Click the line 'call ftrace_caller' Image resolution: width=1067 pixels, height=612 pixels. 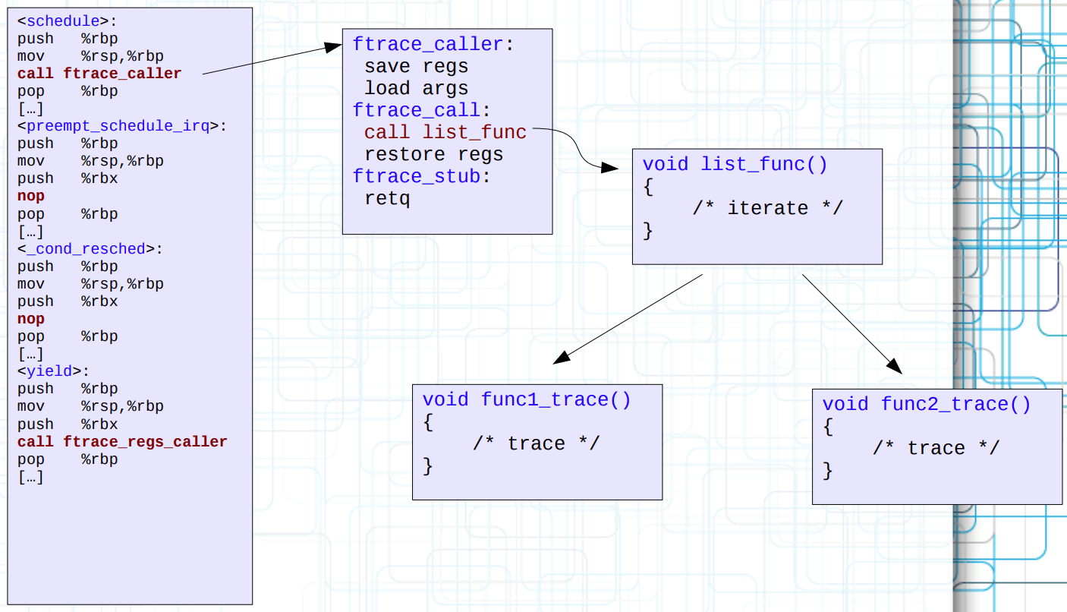tap(99, 74)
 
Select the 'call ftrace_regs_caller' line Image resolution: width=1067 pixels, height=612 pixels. tap(122, 442)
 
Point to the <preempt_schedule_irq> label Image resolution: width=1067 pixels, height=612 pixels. tap(122, 126)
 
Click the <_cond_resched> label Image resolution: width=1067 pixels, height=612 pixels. tap(90, 249)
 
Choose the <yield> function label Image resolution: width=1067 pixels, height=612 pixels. tap(53, 371)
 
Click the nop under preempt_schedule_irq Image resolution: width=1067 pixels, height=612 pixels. tap(31, 196)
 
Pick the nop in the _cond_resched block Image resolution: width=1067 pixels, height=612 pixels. tap(31, 319)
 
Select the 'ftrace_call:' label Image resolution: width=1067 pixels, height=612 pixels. tap(422, 111)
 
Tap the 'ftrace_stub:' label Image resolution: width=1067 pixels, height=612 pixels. tap(422, 177)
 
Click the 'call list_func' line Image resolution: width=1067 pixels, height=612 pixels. tap(445, 133)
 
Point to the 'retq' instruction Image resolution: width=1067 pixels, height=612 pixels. tap(387, 199)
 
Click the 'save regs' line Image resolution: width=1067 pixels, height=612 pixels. tap(416, 67)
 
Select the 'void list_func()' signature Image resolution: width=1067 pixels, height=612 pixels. tap(735, 165)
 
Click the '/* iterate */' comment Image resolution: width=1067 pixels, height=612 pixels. tap(767, 208)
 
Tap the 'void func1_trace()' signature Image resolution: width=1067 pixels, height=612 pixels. tap(527, 400)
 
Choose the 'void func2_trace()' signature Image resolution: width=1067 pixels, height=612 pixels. tap(927, 405)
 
